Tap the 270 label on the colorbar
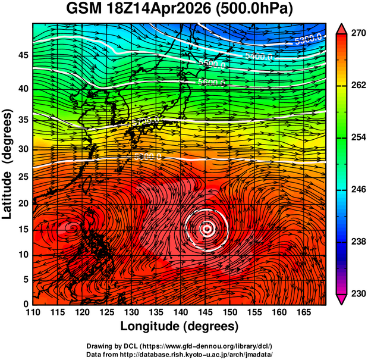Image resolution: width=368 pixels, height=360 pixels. point(357,33)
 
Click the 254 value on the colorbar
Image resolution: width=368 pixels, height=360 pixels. point(357,137)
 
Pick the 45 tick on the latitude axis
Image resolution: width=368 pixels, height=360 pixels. point(22,55)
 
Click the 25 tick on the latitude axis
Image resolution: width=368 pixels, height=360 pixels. point(22,177)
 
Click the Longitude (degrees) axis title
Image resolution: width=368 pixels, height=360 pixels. point(180,327)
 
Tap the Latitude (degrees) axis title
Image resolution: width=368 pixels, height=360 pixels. point(8,164)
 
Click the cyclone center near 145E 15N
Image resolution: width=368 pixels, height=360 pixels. point(206,228)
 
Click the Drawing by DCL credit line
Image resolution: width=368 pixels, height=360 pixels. point(180,346)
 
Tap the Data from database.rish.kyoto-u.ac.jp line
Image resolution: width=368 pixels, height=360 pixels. point(180,354)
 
